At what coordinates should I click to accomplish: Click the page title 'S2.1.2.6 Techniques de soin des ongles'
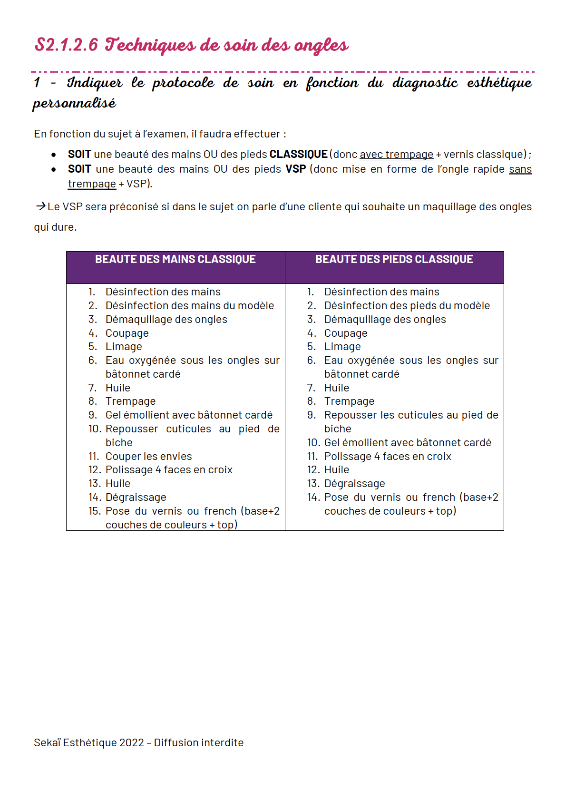click(x=191, y=45)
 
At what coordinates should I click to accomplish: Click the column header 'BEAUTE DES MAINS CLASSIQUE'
click(x=175, y=259)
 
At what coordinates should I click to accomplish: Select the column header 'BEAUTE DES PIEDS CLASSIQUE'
click(x=394, y=259)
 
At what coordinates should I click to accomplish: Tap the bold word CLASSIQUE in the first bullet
click(x=298, y=154)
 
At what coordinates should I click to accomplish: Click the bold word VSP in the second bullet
click(x=295, y=169)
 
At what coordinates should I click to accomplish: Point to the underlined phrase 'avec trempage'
click(x=396, y=154)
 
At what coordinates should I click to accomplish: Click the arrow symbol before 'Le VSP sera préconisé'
click(x=40, y=206)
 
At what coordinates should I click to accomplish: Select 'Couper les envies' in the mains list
click(x=148, y=456)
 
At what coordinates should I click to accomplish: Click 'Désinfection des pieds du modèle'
click(x=407, y=305)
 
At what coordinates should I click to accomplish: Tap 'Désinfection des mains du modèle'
click(x=189, y=305)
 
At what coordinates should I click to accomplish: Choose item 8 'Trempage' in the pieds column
click(x=349, y=401)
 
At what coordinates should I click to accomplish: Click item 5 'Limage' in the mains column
click(x=124, y=346)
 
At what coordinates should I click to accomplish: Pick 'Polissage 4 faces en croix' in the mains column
click(x=169, y=469)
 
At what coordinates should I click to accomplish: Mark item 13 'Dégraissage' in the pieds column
click(x=354, y=483)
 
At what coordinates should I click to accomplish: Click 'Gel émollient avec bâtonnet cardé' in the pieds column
click(x=408, y=442)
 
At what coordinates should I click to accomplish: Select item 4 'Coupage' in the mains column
click(x=127, y=333)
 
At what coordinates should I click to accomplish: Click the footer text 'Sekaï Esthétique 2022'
click(x=88, y=742)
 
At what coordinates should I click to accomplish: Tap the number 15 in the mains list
click(x=94, y=511)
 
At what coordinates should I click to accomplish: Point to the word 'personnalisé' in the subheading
click(x=74, y=103)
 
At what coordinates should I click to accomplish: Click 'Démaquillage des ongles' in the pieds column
click(x=385, y=319)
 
